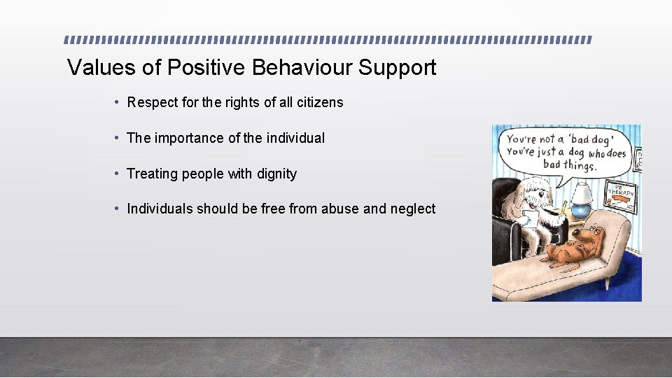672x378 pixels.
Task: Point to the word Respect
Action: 152,102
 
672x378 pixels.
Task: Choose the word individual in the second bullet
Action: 295,138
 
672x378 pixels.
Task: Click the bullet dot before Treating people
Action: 116,174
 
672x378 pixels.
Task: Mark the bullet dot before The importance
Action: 116,138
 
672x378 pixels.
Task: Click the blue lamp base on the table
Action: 580,211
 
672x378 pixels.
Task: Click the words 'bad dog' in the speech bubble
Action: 585,139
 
